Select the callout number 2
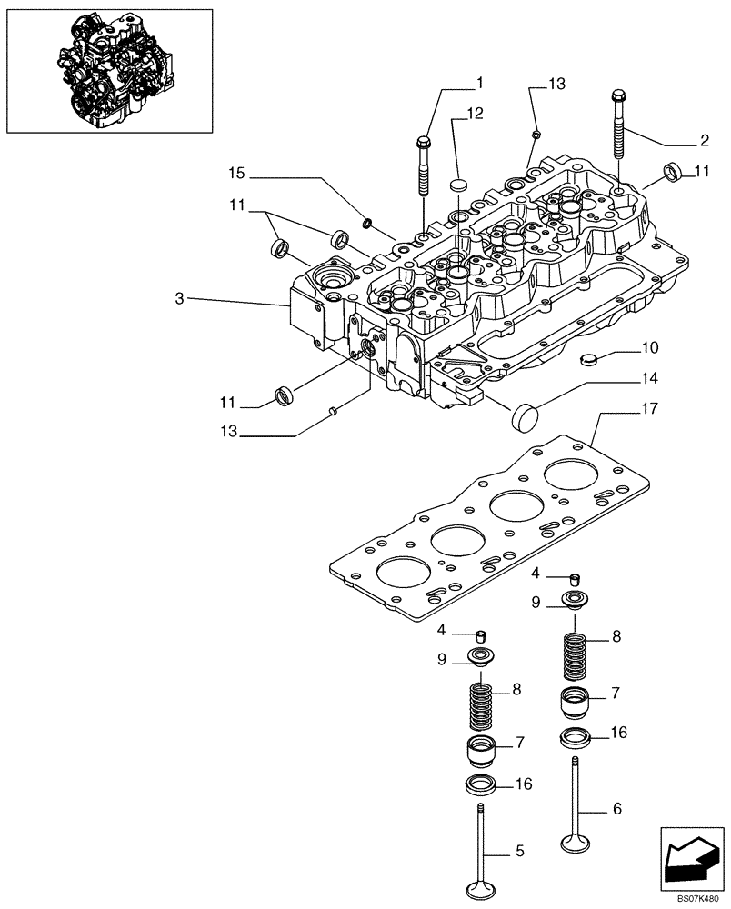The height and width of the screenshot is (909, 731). [x=704, y=141]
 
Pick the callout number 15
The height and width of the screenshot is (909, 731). [x=236, y=172]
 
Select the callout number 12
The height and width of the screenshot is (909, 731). [x=475, y=115]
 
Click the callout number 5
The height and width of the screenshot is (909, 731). [x=519, y=851]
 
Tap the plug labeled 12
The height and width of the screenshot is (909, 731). [x=459, y=186]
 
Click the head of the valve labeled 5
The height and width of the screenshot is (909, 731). [x=482, y=886]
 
